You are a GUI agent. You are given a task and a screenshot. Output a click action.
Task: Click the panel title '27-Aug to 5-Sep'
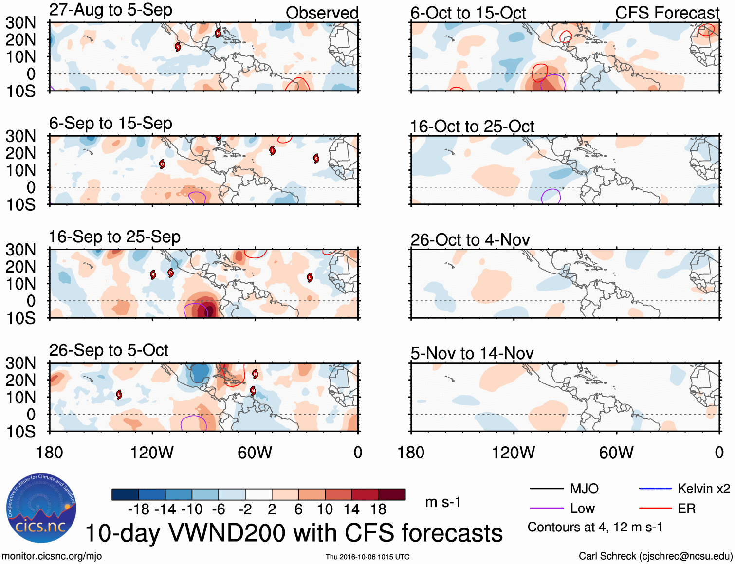point(110,10)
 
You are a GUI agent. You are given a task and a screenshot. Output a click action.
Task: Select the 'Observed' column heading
point(322,13)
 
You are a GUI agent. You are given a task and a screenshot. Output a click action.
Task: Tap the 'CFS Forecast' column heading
point(667,13)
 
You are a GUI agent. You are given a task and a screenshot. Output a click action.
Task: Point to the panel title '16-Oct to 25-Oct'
point(472,127)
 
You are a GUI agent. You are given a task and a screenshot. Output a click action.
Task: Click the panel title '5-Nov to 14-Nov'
point(472,353)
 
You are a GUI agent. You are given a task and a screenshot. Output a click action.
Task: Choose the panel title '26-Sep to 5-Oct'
point(109,350)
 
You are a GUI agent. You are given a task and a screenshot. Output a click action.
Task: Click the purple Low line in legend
point(546,509)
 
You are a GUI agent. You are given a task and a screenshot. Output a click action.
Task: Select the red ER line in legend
point(655,509)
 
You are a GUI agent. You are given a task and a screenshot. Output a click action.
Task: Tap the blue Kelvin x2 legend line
point(655,489)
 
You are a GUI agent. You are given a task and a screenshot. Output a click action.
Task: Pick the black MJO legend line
point(546,489)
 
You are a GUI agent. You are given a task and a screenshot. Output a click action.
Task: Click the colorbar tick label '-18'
point(138,509)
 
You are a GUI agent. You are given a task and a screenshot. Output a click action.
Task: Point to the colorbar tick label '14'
point(351,509)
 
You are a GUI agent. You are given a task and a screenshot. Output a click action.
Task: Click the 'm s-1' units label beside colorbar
point(443,502)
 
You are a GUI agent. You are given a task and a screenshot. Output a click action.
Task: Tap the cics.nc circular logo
point(41,509)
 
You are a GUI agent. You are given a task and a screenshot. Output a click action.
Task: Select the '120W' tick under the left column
point(152,453)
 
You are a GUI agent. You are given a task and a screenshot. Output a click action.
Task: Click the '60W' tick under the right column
point(616,453)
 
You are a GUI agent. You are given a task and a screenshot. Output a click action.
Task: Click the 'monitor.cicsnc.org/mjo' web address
point(52,556)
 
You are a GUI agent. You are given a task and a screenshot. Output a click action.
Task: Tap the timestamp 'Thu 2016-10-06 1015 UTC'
point(367,557)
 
